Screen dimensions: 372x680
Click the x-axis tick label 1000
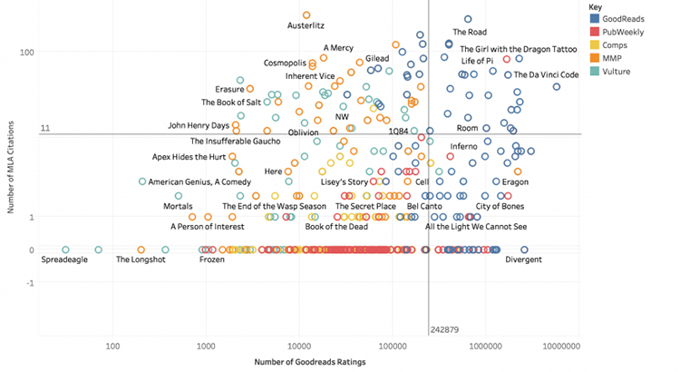[x=207, y=346]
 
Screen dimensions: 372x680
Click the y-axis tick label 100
[x=28, y=52]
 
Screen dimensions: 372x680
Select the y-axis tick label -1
[x=30, y=283]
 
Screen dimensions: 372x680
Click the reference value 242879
[x=444, y=328]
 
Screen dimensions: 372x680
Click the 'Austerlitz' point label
[x=306, y=26]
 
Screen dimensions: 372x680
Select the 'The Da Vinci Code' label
[x=541, y=74]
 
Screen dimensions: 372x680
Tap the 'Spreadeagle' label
[x=65, y=259]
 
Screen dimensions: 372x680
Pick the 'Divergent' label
[x=523, y=259]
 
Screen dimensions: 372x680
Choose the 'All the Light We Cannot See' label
[x=475, y=227]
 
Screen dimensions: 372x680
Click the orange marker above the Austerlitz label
[x=306, y=15]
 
